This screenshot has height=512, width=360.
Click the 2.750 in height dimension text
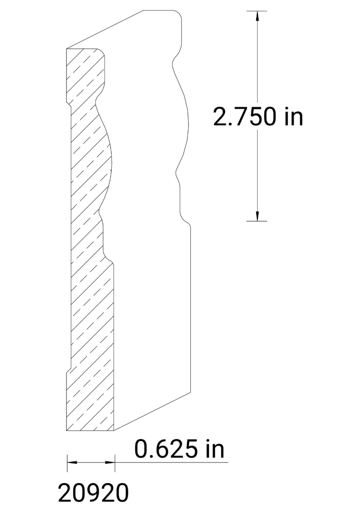click(258, 116)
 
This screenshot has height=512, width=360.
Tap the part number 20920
click(93, 493)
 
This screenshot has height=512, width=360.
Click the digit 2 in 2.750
click(221, 116)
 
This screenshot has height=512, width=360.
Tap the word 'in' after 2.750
click(294, 116)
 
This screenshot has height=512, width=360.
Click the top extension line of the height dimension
click(256, 11)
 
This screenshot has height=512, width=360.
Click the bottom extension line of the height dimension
click(256, 221)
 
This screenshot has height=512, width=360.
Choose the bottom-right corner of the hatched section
click(114, 430)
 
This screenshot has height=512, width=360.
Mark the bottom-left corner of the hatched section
click(67, 430)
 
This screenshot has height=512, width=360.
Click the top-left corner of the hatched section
click(67, 49)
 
